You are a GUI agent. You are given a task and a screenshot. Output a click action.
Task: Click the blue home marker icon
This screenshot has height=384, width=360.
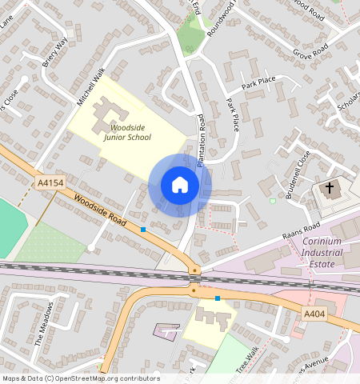click(x=180, y=185)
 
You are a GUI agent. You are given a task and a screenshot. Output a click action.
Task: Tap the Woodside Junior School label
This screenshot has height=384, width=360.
click(x=127, y=132)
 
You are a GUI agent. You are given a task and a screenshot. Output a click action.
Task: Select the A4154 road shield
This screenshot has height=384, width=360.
click(x=50, y=183)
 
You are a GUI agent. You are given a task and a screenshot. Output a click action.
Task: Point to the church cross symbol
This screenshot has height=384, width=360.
click(x=329, y=189)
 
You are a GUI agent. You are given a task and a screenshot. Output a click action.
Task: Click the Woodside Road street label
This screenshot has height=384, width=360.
click(x=101, y=210)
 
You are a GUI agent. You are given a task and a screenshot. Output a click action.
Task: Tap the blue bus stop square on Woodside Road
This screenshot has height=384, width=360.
click(x=143, y=230)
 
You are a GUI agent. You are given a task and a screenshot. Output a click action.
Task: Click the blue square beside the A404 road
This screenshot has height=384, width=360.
click(x=218, y=298)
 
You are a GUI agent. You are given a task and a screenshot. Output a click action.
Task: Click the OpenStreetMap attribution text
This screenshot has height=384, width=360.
click(x=80, y=378)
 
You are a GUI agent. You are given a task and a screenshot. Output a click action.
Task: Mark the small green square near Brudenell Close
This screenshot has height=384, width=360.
click(x=272, y=201)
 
